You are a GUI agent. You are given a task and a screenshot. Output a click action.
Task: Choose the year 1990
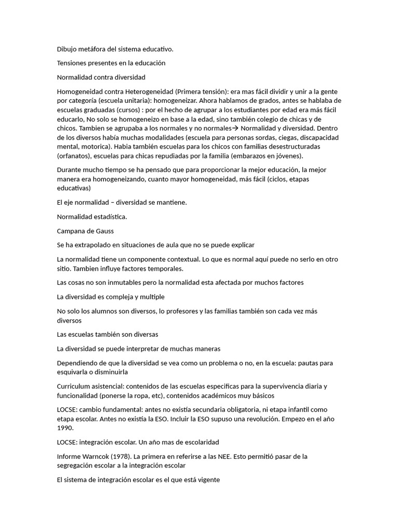pos(65,428)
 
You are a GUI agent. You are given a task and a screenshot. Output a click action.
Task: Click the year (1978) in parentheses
pos(121,456)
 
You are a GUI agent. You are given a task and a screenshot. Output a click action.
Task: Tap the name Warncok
pos(95,456)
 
